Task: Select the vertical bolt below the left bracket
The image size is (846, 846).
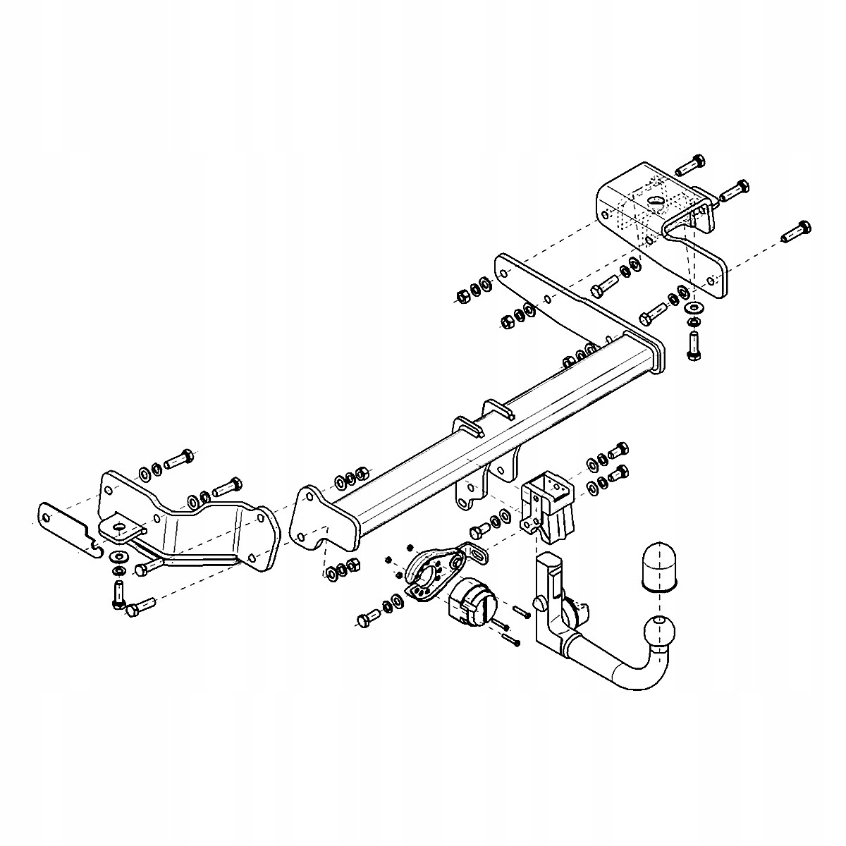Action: click(117, 594)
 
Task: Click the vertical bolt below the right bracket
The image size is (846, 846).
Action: click(692, 346)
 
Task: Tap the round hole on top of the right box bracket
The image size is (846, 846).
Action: click(656, 201)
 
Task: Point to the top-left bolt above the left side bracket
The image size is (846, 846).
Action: click(179, 459)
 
